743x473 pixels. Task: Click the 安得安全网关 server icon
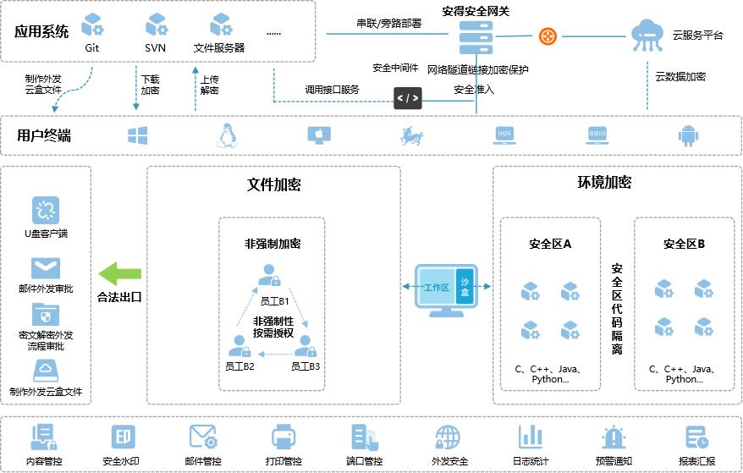pos(476,37)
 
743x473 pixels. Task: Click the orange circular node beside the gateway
pos(548,36)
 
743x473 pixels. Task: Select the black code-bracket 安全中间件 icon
pos(407,98)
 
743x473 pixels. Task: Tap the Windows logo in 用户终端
pos(137,135)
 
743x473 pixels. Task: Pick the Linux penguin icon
pos(226,135)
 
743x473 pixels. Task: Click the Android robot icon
pos(687,135)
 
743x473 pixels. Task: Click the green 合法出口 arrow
pos(119,273)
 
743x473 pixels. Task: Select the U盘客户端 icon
pos(45,210)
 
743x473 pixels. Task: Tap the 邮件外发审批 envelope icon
pos(45,268)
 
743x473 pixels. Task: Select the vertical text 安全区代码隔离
pos(617,309)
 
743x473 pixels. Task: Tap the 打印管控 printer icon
pos(283,437)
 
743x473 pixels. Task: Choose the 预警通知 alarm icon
pos(613,437)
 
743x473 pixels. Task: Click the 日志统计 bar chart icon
pos(531,437)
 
